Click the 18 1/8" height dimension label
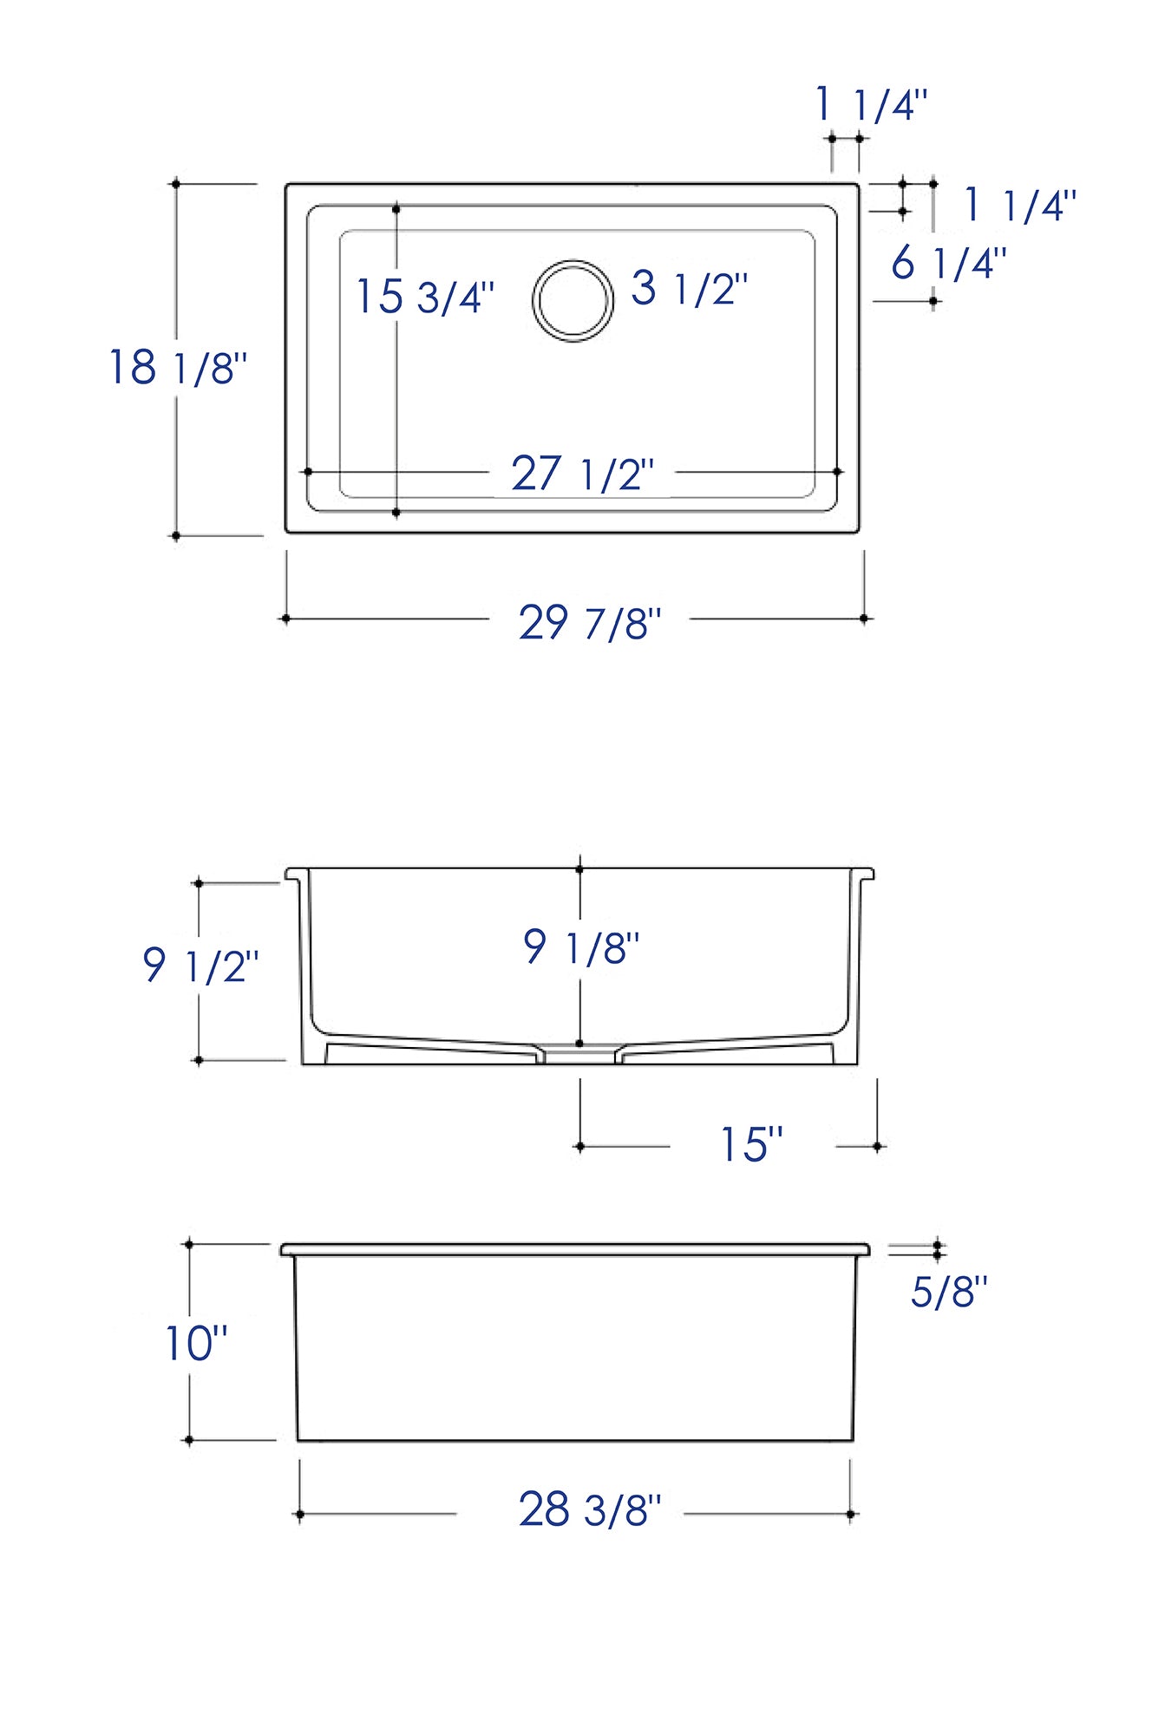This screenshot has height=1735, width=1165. click(x=178, y=367)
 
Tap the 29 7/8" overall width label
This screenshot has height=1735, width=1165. click(x=590, y=623)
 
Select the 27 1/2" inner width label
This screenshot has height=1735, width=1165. click(x=582, y=474)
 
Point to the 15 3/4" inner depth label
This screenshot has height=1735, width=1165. click(x=425, y=297)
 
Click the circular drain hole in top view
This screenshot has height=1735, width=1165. click(x=573, y=300)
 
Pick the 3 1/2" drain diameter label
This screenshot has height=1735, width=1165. click(x=689, y=288)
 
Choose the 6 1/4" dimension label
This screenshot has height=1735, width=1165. click(x=948, y=263)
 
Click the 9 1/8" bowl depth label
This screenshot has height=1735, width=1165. click(x=581, y=946)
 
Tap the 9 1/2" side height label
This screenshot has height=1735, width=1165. click(x=200, y=965)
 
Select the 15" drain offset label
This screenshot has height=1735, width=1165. click(x=751, y=1144)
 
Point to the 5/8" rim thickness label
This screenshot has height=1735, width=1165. click(x=949, y=1292)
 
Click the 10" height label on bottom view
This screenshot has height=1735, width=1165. click(x=196, y=1344)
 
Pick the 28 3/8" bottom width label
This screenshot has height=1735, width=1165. click(x=590, y=1509)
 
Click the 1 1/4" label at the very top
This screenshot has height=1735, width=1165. click(x=872, y=106)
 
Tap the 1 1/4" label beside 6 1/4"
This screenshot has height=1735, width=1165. click(x=1020, y=206)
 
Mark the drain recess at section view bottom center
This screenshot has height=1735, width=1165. click(x=579, y=1056)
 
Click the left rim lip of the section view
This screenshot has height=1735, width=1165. click(x=294, y=874)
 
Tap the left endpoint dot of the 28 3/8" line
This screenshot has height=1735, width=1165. click(x=300, y=1515)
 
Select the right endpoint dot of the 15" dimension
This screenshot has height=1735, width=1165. click(x=877, y=1147)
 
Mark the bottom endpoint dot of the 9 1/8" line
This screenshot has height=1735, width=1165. click(x=579, y=1043)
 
